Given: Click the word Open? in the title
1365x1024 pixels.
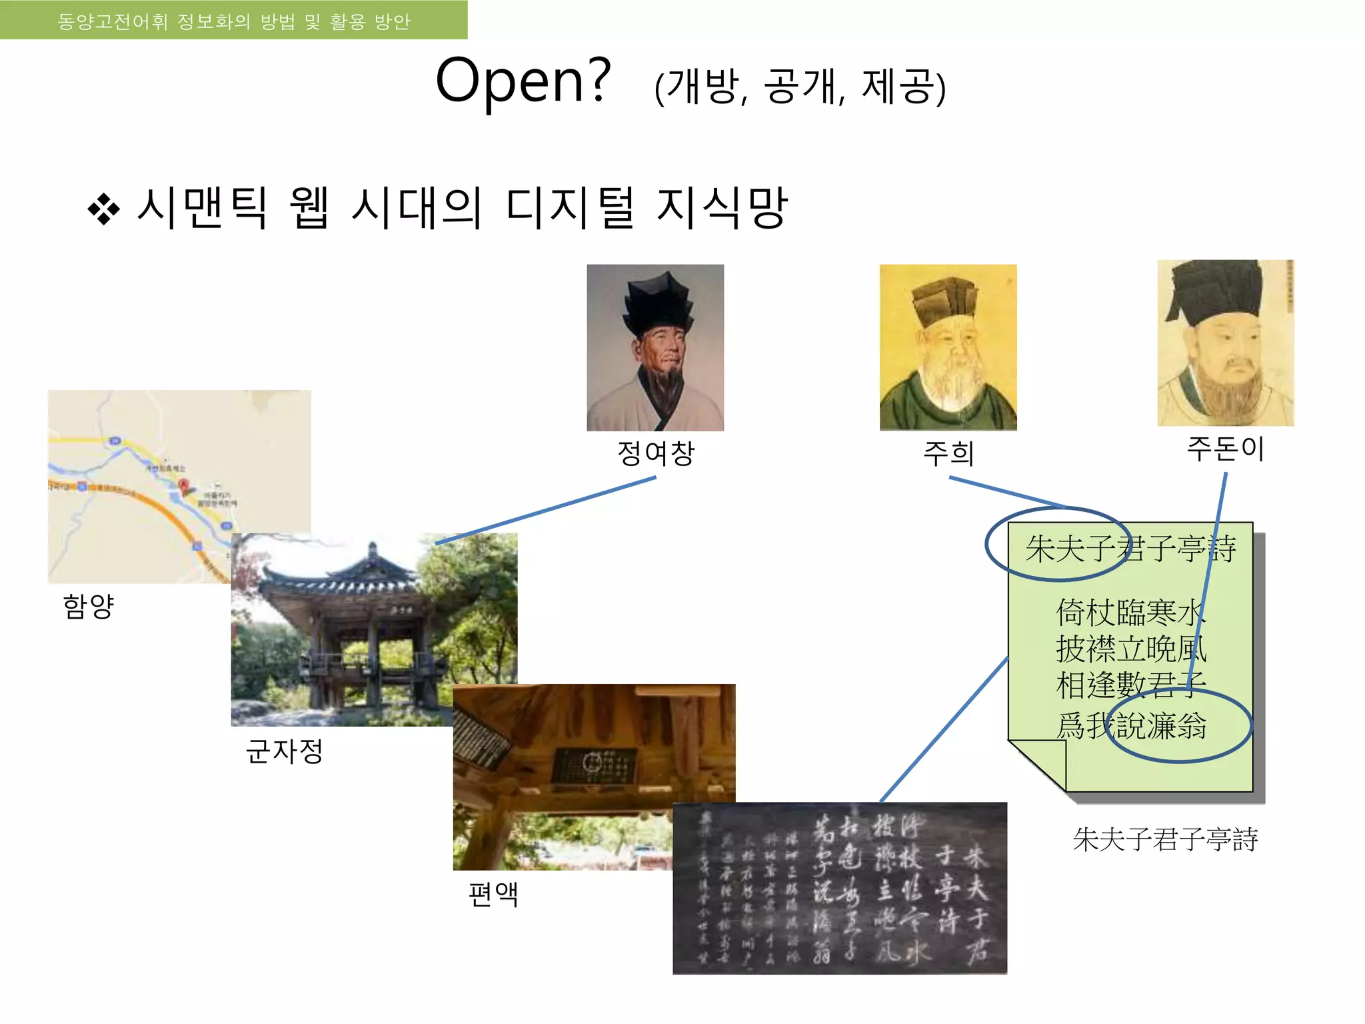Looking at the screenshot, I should point(523,81).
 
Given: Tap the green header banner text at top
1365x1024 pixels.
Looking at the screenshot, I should point(233,21).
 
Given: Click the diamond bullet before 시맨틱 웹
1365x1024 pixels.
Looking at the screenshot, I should point(103,209).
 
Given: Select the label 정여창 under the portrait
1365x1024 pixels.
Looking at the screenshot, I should point(656,453).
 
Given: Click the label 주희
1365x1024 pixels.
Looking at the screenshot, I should point(948,454).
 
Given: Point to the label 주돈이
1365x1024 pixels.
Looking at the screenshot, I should point(1225,449).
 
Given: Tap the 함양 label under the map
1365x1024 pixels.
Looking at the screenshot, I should point(89,606).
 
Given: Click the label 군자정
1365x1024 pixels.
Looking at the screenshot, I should point(285,751).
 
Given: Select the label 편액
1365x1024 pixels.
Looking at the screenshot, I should point(493,894).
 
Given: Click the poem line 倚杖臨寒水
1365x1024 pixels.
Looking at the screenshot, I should point(1131,613).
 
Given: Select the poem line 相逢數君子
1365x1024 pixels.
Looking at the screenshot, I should point(1131,685).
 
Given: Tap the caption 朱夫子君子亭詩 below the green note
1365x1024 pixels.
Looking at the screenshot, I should point(1165,839).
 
